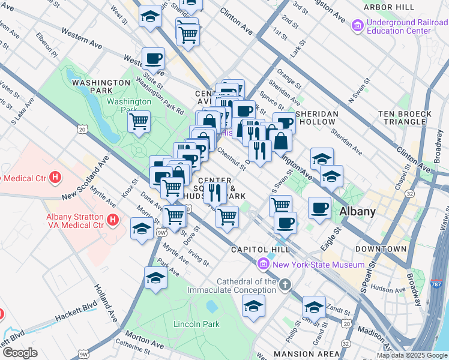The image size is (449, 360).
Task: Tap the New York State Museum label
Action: [318, 265]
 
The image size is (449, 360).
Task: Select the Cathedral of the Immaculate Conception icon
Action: [285, 284]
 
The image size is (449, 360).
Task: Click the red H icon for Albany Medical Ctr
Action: [55, 178]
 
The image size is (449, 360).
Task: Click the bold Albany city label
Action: [358, 211]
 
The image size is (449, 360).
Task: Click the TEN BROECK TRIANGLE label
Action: [404, 118]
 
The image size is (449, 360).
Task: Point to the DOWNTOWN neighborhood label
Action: [381, 248]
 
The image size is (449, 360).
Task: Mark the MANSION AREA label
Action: [298, 354]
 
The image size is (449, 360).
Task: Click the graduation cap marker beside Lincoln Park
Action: [155, 278]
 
